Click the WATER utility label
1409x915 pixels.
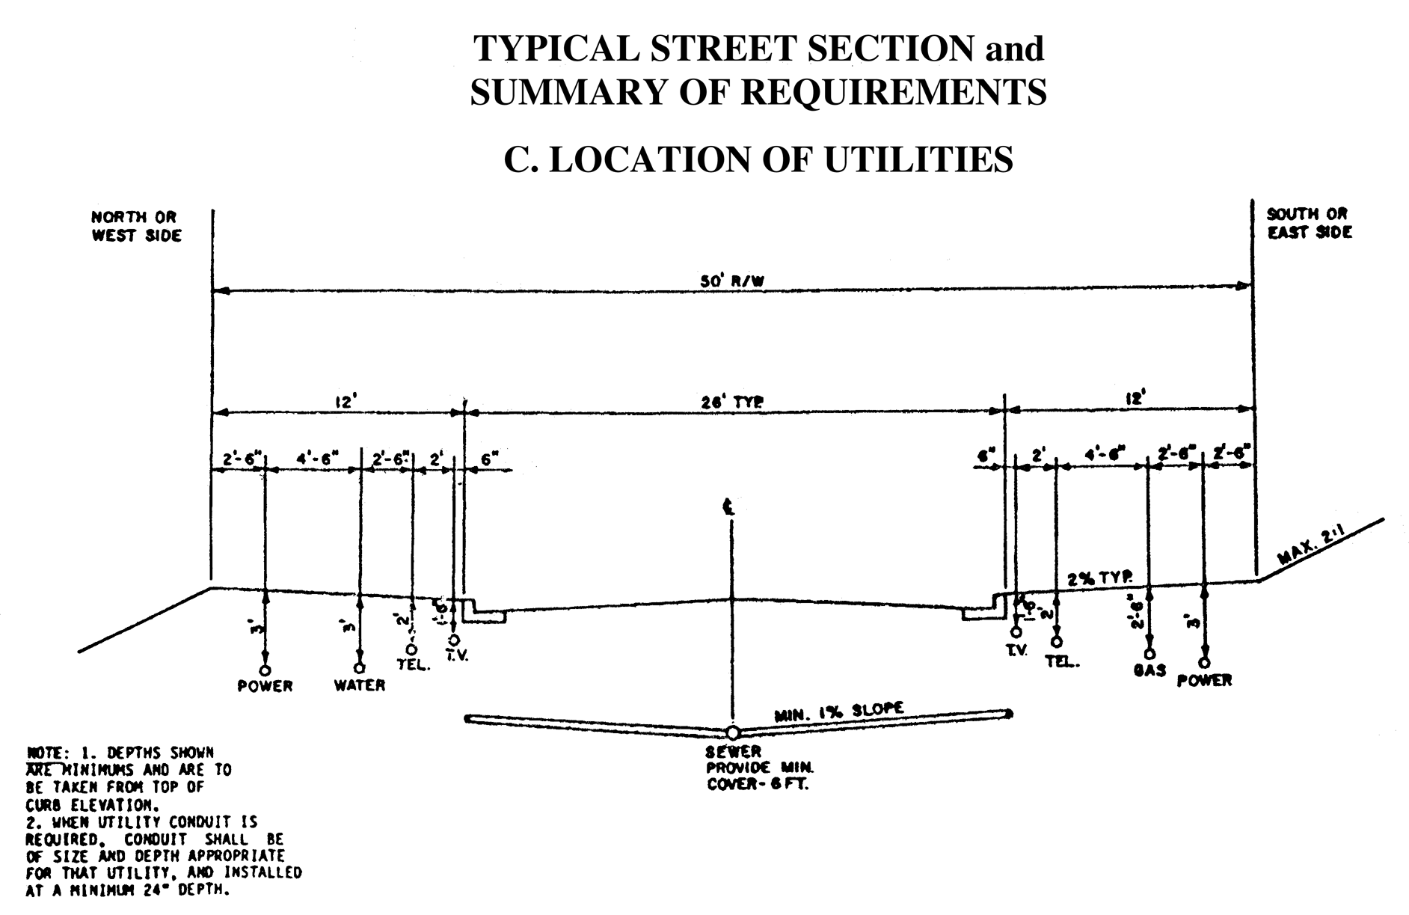(360, 685)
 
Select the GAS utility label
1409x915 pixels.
(1149, 670)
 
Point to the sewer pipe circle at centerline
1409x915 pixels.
(732, 732)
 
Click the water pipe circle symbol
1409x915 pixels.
(360, 667)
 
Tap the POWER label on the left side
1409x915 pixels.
(265, 686)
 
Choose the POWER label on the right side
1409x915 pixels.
(1204, 681)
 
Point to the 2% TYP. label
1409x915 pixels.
(1099, 578)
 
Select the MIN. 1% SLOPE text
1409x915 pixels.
(838, 711)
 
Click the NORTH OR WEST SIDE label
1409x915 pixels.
(136, 226)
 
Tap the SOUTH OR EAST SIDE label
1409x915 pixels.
(1309, 223)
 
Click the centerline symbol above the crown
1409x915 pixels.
(729, 507)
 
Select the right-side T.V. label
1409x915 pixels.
(1016, 651)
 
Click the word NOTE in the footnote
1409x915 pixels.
(43, 752)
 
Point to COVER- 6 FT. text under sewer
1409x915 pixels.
(758, 786)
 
